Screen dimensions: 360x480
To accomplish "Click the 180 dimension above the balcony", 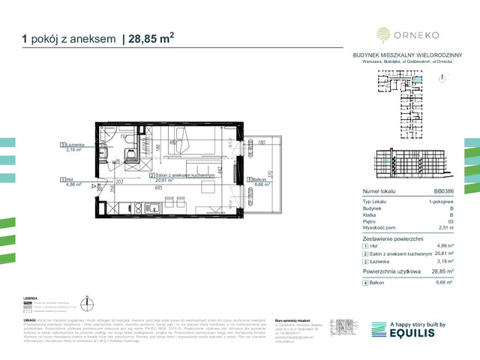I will click(x=262, y=142).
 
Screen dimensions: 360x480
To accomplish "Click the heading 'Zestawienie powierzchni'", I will click(x=391, y=237).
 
